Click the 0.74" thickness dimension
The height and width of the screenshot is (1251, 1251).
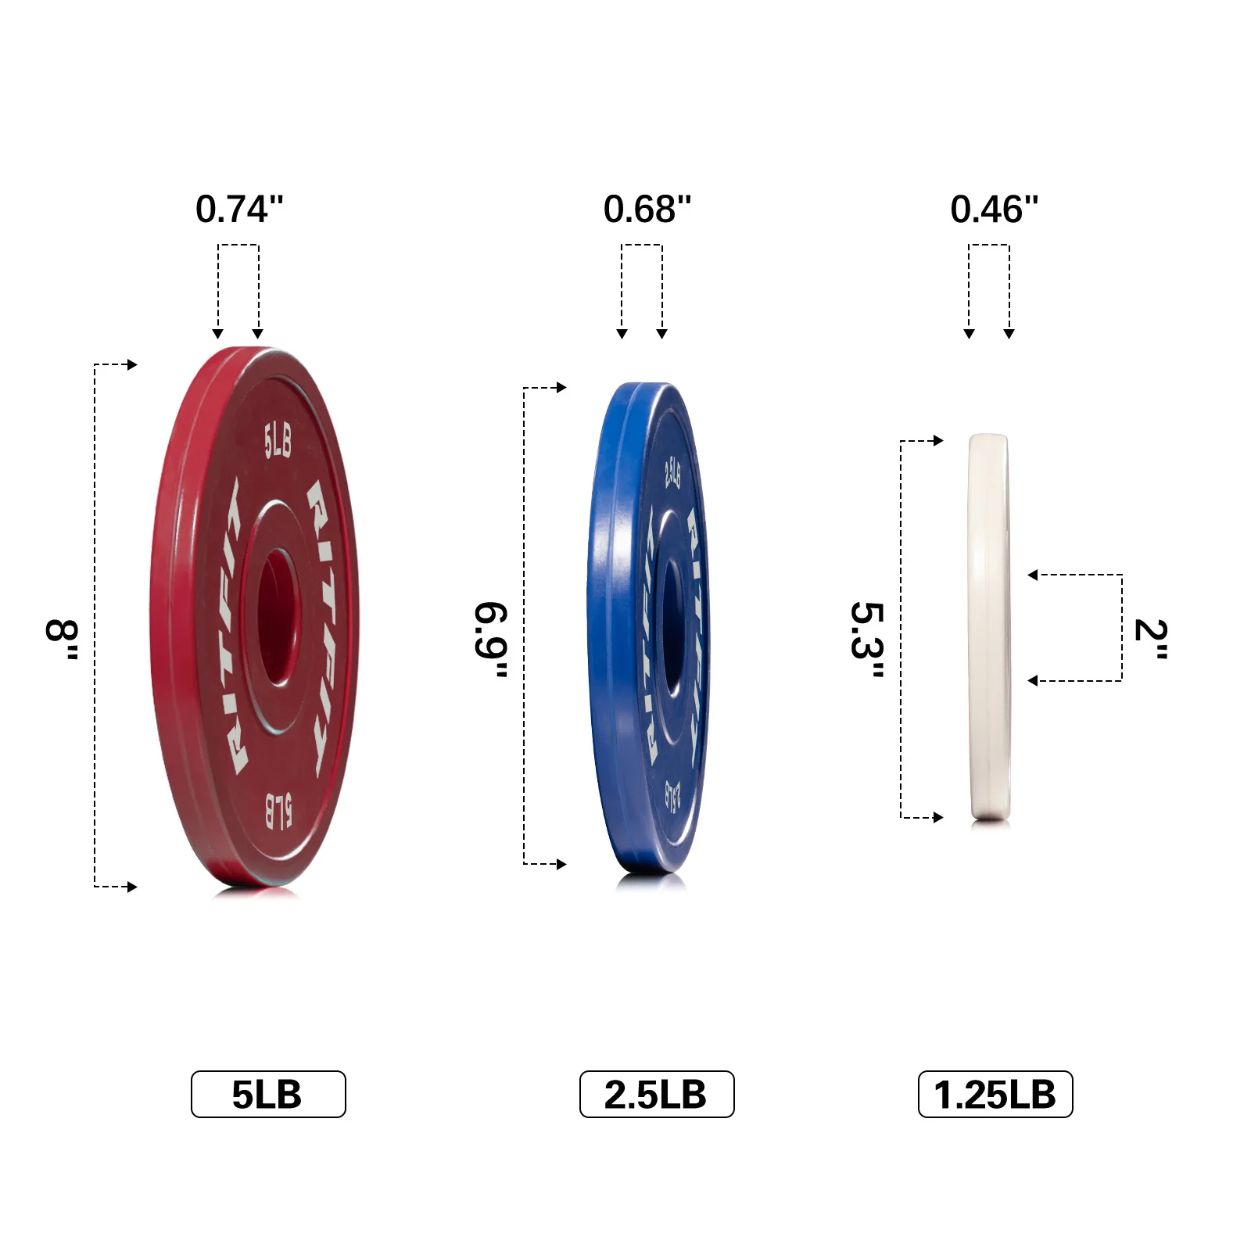tap(239, 210)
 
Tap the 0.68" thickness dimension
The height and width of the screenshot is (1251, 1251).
tap(647, 210)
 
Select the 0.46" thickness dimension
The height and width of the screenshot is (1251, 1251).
tap(994, 210)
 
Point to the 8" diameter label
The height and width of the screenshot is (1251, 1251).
tap(63, 640)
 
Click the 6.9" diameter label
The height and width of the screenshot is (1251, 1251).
tap(492, 640)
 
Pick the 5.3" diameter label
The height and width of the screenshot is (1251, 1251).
tap(867, 640)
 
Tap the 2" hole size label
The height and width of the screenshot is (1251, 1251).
tap(1151, 640)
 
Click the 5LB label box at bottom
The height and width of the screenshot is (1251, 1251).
tap(267, 1094)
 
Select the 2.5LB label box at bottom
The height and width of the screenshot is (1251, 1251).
tap(656, 1094)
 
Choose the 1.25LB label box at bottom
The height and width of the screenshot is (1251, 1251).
tap(995, 1094)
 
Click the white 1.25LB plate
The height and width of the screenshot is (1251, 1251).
tap(988, 625)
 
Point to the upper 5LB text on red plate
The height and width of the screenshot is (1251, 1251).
tap(278, 440)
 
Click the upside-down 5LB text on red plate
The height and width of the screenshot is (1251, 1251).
tap(278, 811)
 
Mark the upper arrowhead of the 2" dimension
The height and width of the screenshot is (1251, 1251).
tap(1032, 575)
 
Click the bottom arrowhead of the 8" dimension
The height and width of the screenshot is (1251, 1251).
tap(133, 887)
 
